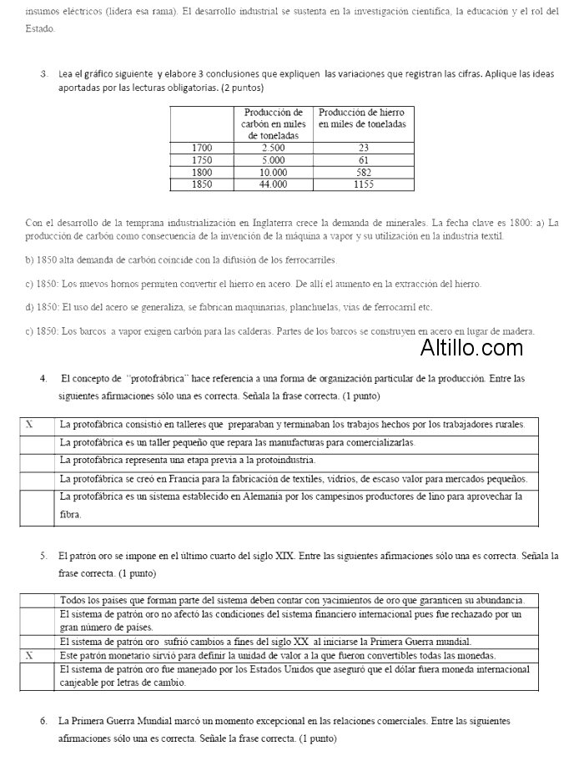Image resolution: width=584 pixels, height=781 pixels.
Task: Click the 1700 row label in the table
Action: tap(203, 148)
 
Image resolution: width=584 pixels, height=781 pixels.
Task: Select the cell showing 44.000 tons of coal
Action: tap(274, 184)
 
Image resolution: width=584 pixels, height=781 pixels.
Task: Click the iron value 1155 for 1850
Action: tap(364, 184)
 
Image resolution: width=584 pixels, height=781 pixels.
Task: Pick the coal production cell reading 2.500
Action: tap(274, 148)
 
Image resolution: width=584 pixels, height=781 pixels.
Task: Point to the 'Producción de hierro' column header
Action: tap(363, 118)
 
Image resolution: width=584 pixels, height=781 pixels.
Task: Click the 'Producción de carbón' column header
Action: tap(274, 123)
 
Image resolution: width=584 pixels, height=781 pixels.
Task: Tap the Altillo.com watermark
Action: tap(471, 347)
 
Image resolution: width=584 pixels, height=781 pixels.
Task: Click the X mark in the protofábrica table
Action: tap(29, 424)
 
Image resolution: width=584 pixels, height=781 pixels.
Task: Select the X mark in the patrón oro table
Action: tap(29, 655)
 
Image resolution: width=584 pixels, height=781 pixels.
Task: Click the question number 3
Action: tap(43, 74)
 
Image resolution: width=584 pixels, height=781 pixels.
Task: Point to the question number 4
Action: tap(43, 379)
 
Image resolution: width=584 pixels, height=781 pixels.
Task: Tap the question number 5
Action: tap(43, 555)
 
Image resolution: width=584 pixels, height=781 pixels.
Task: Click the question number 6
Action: tap(43, 720)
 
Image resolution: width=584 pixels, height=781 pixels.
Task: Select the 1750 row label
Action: tap(203, 159)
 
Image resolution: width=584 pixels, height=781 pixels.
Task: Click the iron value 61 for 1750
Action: tap(364, 159)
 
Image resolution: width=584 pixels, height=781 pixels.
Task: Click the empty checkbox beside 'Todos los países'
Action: tap(38, 600)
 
